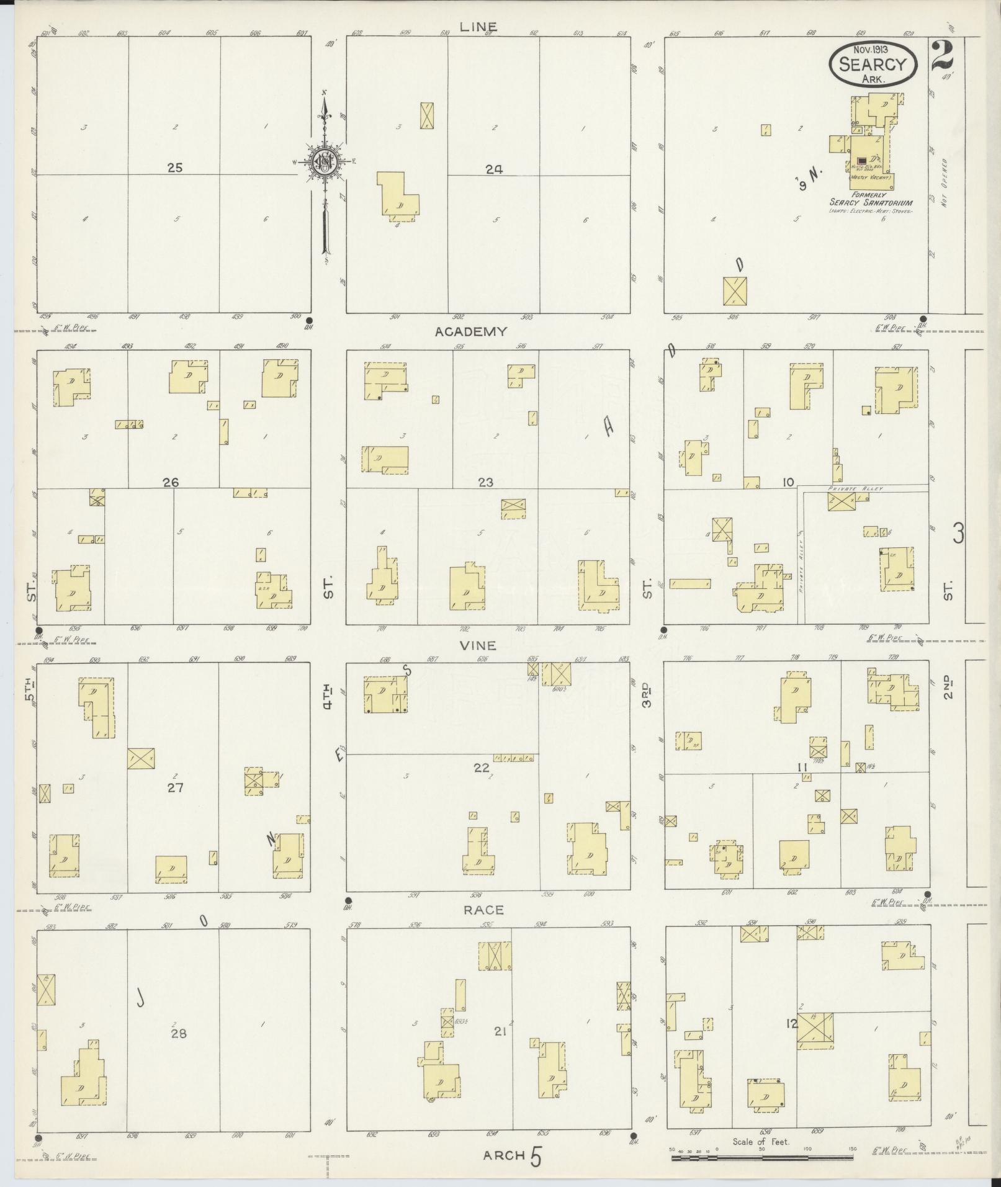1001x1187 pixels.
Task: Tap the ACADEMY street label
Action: (470, 332)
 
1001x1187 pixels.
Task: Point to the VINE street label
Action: (477, 645)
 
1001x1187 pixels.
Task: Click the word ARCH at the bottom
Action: (505, 1155)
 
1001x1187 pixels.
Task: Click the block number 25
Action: (175, 168)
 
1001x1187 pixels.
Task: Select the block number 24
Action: (494, 168)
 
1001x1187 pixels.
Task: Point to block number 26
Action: (171, 482)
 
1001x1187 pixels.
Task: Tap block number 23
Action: (485, 482)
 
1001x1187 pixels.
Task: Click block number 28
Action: (178, 1033)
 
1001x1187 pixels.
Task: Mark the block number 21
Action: (501, 1031)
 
